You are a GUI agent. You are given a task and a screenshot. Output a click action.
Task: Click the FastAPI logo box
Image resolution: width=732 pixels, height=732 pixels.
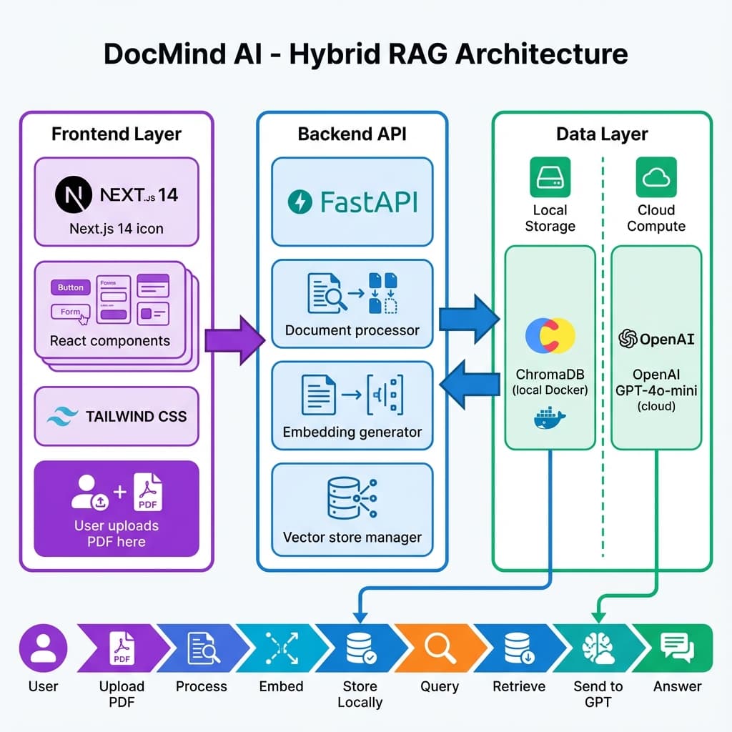pos(352,202)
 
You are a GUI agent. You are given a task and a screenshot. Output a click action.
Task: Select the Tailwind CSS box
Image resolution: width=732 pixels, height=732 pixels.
pos(117,416)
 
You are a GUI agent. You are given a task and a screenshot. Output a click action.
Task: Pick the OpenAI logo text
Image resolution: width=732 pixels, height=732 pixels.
pos(656,339)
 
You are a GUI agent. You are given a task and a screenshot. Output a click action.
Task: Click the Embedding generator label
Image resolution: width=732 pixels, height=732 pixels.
pos(352,432)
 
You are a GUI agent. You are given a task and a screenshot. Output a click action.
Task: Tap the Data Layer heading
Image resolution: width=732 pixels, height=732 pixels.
pos(602,134)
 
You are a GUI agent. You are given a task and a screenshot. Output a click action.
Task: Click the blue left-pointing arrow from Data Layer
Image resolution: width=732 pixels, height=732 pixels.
pos(468,387)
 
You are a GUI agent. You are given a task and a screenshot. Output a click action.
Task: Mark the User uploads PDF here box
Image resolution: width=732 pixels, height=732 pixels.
pos(117,509)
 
